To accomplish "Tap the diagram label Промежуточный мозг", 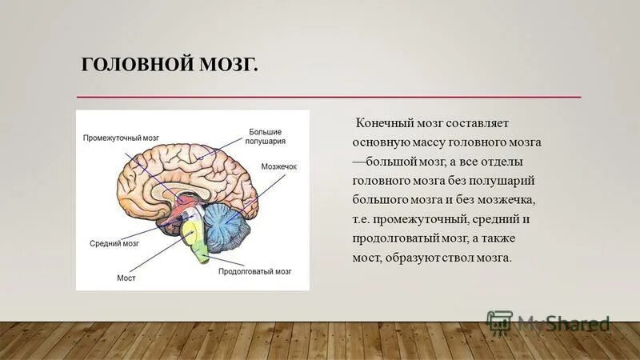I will point(122,138).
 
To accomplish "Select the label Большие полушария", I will point(266,135).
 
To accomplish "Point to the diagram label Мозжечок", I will point(278,166).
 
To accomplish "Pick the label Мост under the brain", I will point(126,278).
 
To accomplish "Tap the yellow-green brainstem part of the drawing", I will point(194,238).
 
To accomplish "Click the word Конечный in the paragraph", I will point(385,124).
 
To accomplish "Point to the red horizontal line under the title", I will point(328,97).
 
